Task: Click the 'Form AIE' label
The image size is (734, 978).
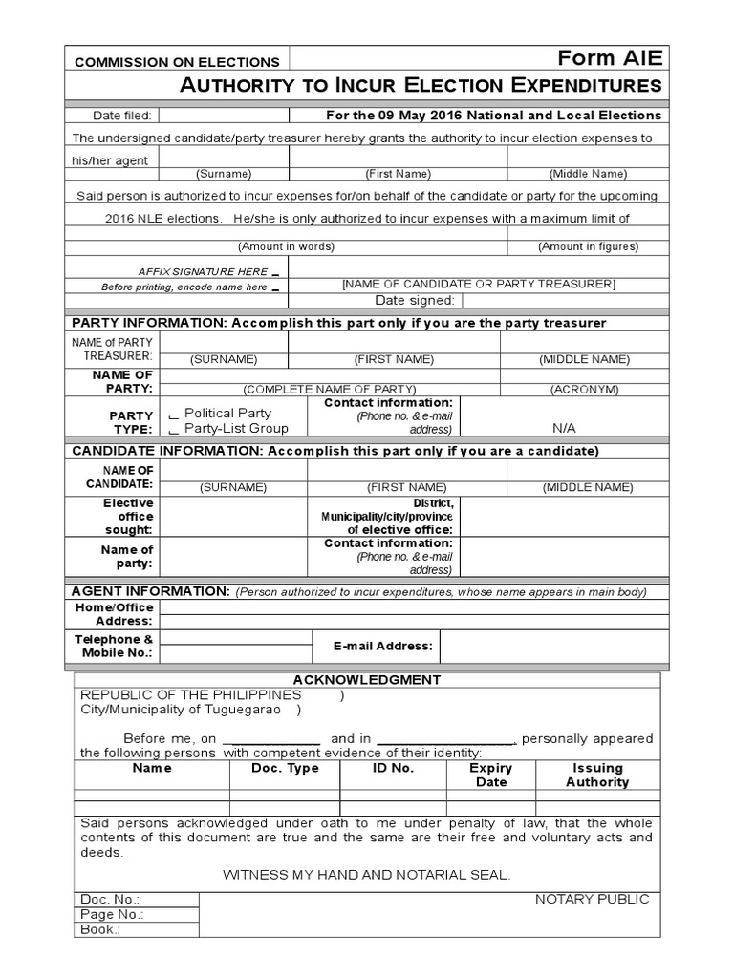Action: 621,58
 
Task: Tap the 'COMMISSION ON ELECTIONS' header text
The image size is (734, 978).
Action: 178,62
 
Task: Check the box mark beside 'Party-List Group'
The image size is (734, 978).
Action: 173,431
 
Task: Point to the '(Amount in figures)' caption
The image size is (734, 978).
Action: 588,246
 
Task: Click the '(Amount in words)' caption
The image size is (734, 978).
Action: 287,246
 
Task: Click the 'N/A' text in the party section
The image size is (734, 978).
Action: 565,428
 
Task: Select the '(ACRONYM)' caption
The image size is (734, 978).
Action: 584,390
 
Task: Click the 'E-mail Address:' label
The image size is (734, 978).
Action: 382,647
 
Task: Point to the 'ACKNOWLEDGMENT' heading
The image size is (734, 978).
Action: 367,680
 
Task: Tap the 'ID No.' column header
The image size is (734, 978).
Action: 393,768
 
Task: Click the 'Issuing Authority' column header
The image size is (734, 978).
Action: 597,775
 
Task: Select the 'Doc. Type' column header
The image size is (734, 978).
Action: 285,768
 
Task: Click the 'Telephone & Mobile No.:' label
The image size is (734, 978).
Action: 114,646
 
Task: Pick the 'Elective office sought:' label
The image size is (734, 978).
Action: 128,516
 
